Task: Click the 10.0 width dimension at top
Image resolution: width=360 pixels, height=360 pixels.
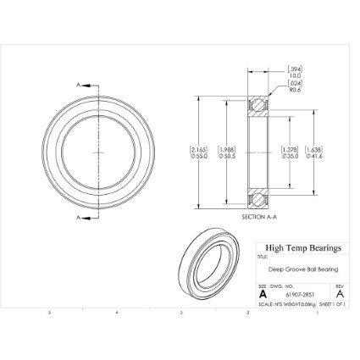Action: tap(296, 75)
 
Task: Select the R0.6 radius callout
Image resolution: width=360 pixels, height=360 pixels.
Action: tap(296, 89)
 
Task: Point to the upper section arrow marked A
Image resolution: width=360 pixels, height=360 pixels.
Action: tap(81, 85)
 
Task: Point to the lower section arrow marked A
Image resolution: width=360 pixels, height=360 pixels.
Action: tap(81, 218)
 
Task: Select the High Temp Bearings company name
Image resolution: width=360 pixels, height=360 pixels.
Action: tap(302, 248)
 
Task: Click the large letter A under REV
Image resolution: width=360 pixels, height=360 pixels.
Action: tap(339, 295)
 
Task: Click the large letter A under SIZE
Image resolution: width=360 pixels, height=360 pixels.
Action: tap(263, 295)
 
